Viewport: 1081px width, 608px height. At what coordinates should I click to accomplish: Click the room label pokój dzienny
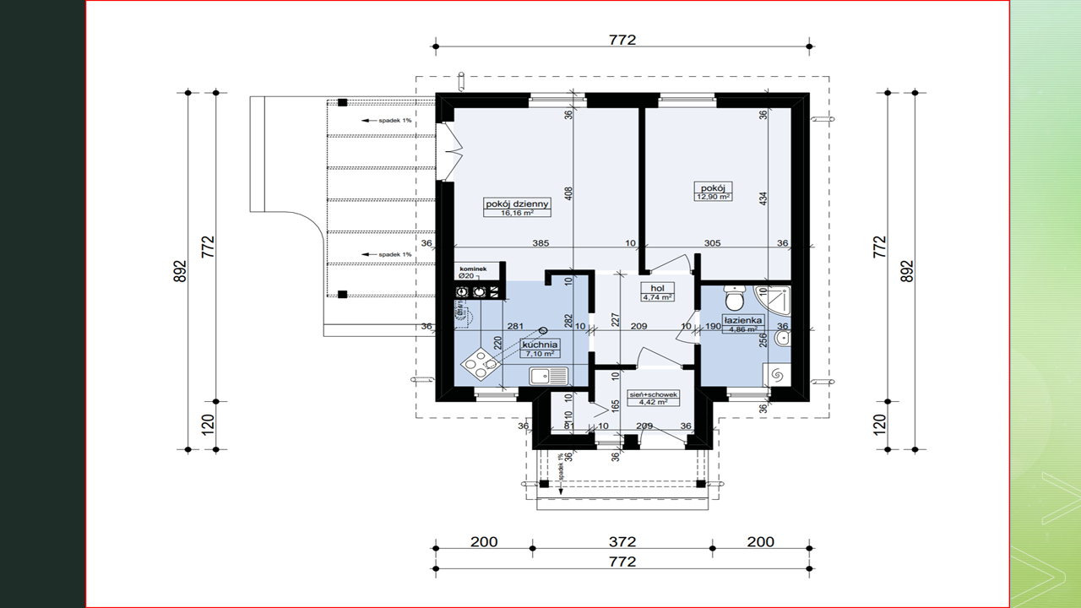coord(517,203)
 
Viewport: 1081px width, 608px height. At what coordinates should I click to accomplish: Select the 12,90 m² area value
coord(713,197)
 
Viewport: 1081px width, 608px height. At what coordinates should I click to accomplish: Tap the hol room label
coord(656,288)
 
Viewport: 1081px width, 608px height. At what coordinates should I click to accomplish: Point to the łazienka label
coord(743,321)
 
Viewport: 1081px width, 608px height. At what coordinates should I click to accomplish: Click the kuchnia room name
coord(540,345)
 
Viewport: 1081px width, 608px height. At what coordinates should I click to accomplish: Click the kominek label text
coord(473,268)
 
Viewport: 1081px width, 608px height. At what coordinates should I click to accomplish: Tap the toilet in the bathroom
coord(735,299)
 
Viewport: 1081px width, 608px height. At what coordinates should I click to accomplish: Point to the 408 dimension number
coord(569,193)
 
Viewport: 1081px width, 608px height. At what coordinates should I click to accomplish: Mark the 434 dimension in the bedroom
coord(763,199)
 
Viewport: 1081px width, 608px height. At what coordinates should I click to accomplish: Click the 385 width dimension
coord(540,243)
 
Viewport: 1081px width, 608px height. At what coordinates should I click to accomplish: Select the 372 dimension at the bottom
coord(622,541)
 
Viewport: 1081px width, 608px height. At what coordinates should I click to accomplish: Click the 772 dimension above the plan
coord(622,39)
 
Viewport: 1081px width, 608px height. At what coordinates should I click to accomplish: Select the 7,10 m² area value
coord(539,355)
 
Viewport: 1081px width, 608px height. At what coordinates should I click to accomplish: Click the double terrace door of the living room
coord(449,150)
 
